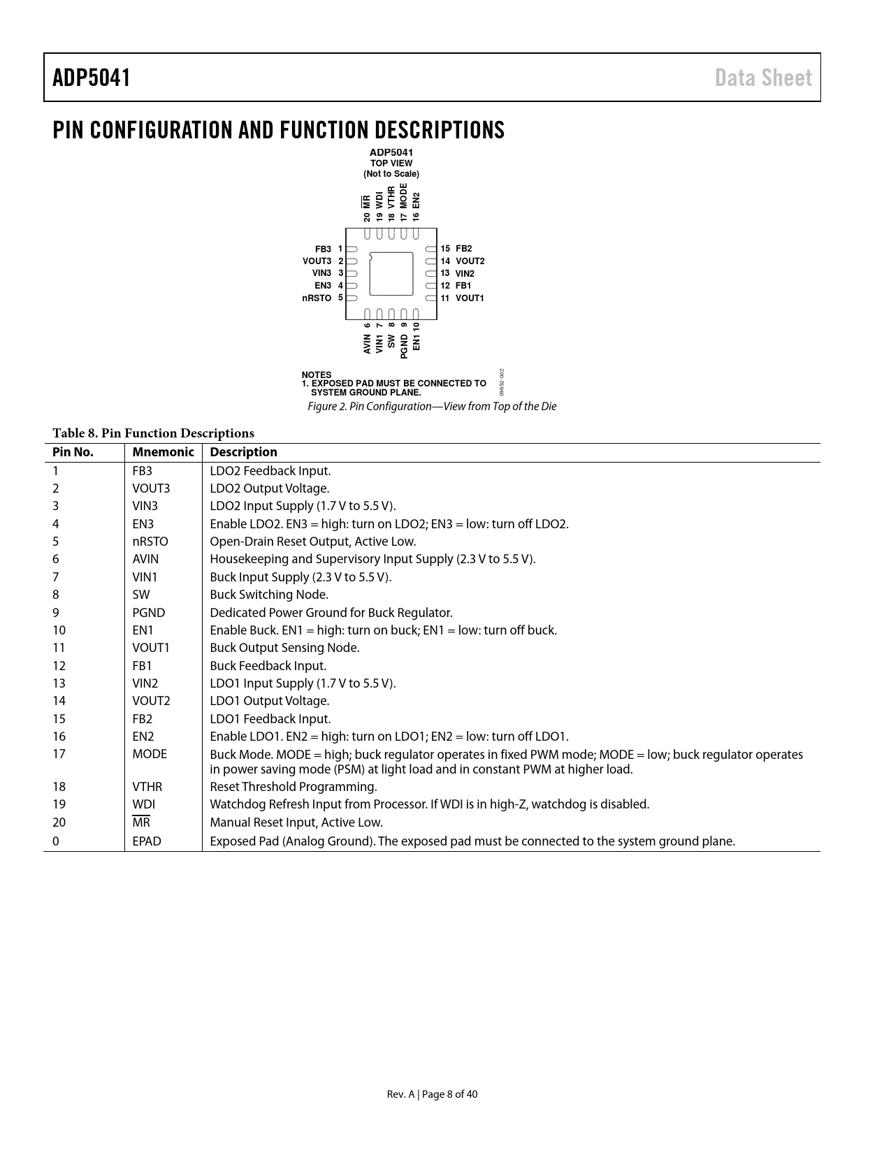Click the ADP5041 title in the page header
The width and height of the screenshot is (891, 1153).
(x=92, y=78)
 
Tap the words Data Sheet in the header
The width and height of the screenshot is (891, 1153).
(x=763, y=78)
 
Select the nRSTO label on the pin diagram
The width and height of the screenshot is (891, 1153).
(x=317, y=298)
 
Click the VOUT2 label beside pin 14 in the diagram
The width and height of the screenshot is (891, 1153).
(x=470, y=261)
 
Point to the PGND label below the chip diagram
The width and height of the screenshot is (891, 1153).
(x=404, y=347)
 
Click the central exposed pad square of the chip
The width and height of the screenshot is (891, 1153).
(x=391, y=273)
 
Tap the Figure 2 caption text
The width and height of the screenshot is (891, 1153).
(x=432, y=407)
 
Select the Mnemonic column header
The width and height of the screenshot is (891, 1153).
(x=163, y=452)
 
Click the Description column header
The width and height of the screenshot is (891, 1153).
(x=243, y=452)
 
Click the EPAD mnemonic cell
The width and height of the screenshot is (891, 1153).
(x=147, y=841)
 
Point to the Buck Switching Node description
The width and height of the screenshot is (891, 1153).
(x=269, y=595)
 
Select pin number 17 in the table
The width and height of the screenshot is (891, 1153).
(x=59, y=754)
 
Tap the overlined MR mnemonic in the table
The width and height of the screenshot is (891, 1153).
(x=141, y=822)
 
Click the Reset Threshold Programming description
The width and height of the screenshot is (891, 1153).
(x=294, y=787)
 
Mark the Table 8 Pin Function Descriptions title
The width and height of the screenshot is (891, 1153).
(x=153, y=433)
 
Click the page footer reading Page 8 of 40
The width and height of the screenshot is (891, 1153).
(x=432, y=1094)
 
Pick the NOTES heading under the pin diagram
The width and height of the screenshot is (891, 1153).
(x=317, y=375)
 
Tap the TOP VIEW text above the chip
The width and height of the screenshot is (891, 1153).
(x=391, y=164)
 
